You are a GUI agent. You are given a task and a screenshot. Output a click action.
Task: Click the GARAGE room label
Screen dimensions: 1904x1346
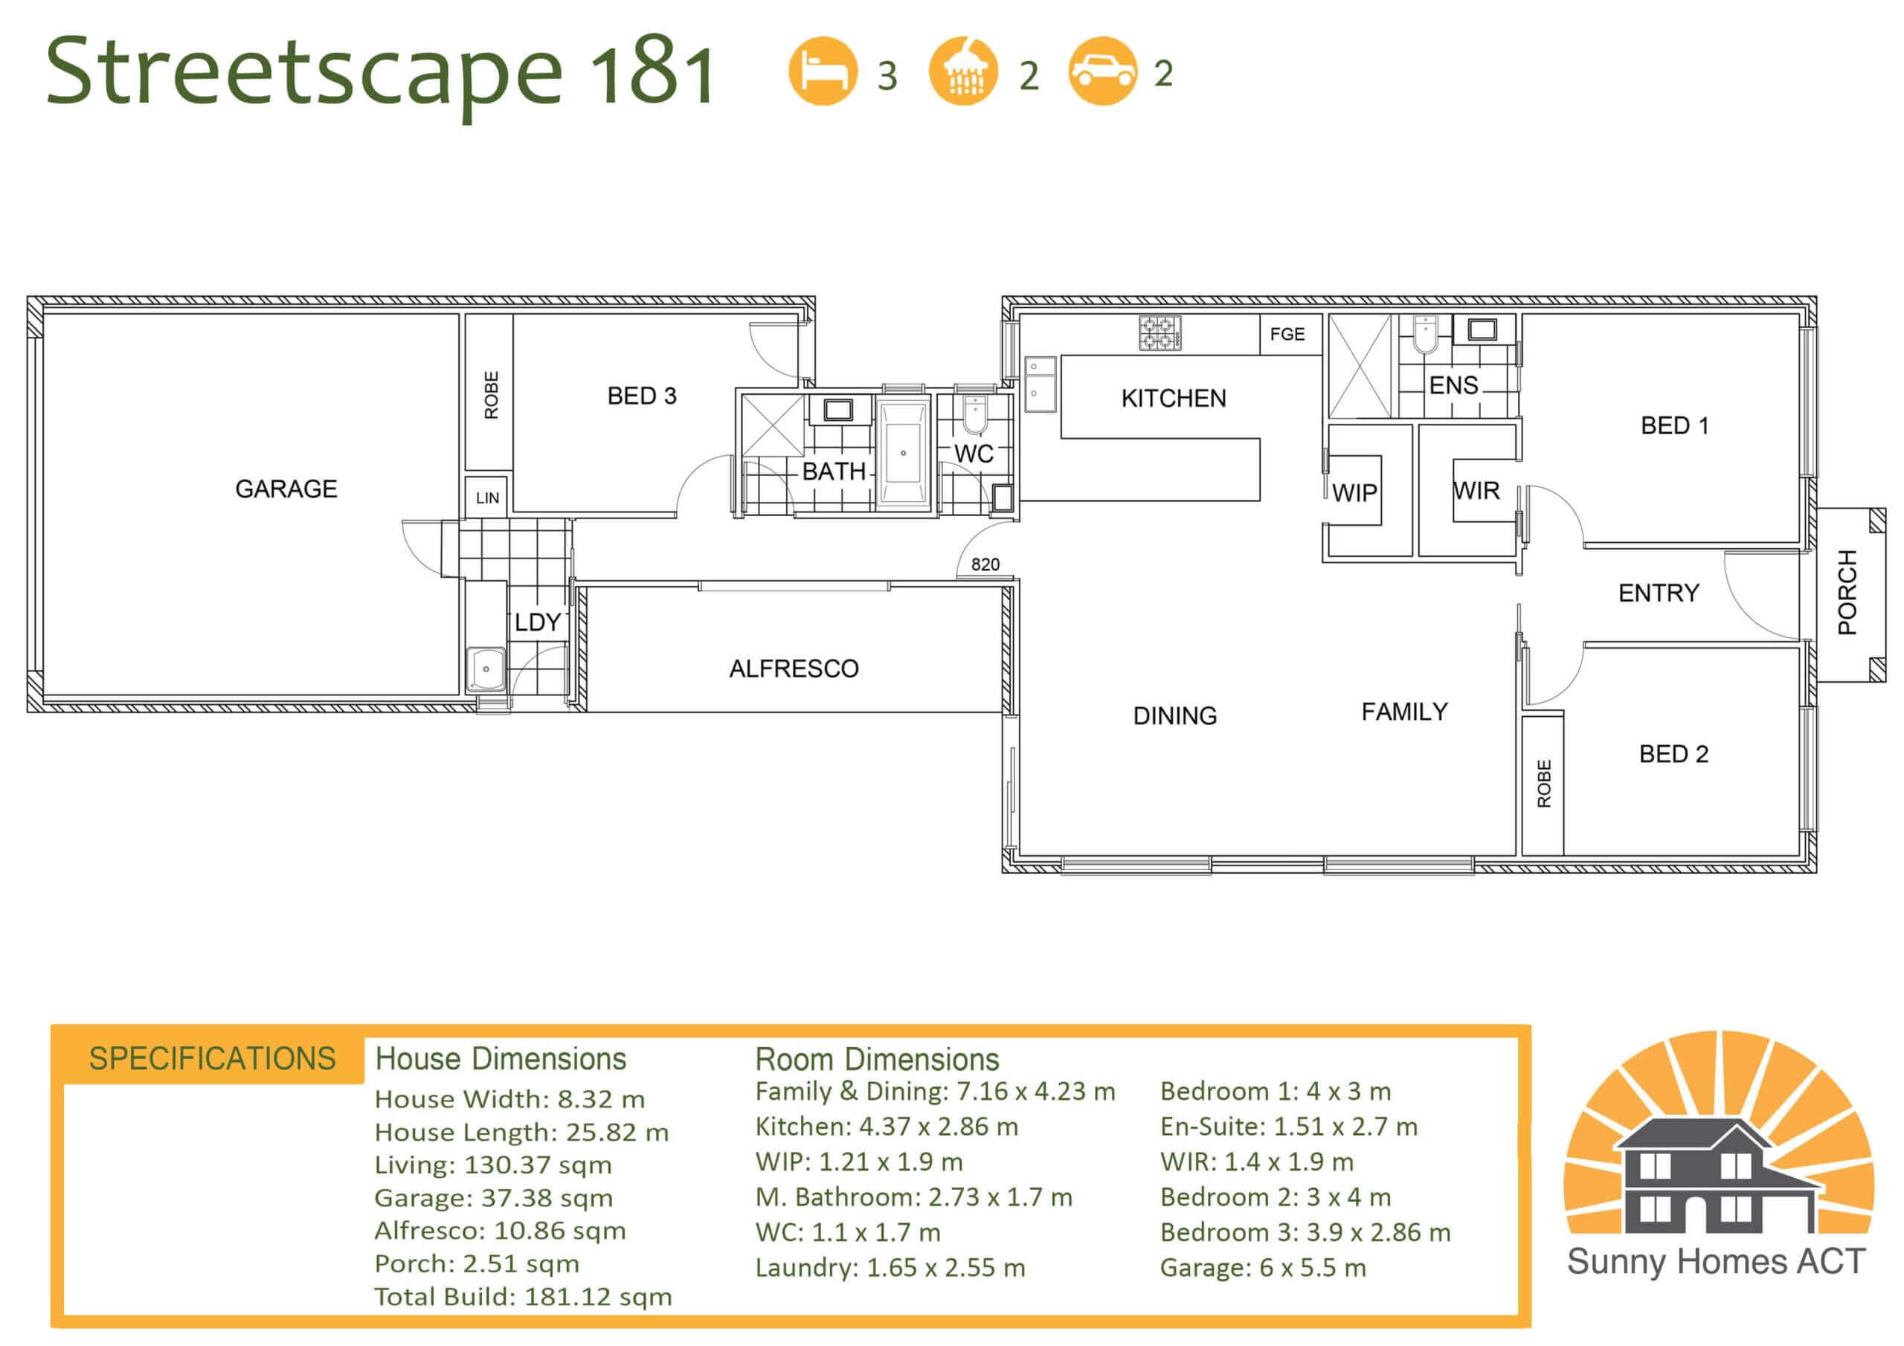pos(286,489)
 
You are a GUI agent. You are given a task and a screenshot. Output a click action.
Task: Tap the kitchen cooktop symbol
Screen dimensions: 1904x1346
pos(1160,333)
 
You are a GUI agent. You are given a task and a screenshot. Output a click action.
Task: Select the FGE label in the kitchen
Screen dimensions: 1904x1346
pos(1287,334)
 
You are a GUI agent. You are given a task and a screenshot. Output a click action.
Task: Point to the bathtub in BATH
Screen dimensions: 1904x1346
pos(903,453)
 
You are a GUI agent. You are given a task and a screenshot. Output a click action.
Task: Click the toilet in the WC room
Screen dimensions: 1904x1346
pos(974,415)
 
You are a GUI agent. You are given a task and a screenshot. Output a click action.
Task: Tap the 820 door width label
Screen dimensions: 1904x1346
pos(985,564)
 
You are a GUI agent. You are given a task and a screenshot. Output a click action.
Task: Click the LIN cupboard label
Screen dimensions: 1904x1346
pos(488,497)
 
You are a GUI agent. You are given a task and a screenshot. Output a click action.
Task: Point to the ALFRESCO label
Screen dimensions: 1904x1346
pos(794,669)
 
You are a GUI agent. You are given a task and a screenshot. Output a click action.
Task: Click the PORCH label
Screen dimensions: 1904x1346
pos(1847,592)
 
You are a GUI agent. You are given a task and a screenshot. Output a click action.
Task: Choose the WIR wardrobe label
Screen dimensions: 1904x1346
pos(1476,491)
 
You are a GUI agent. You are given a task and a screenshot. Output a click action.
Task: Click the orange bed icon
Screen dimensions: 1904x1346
pos(823,71)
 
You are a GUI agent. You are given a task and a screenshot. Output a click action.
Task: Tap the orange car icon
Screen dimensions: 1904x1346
pos(1102,71)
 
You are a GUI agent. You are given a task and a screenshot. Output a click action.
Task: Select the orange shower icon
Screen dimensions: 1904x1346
pos(962,71)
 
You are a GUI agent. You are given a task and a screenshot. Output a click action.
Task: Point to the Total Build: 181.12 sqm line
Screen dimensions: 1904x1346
pos(524,1297)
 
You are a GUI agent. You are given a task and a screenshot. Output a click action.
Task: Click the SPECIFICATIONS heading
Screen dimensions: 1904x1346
pos(212,1059)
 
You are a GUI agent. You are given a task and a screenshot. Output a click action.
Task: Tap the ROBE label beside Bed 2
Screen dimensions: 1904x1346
pos(1544,784)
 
